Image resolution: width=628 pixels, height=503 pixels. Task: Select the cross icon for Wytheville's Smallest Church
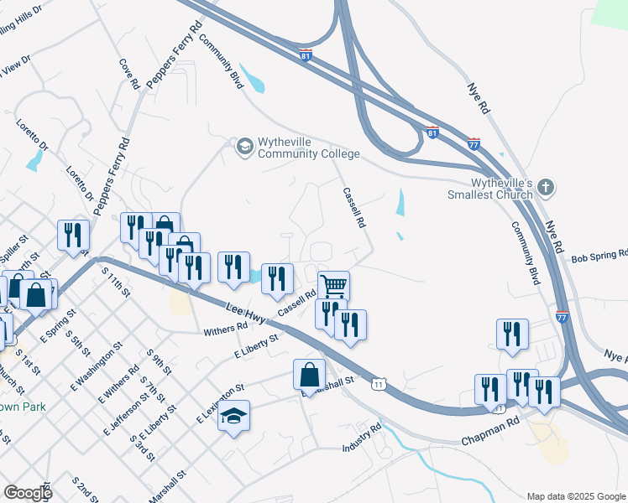click(x=545, y=189)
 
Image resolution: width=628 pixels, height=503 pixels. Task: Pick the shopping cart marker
click(x=334, y=287)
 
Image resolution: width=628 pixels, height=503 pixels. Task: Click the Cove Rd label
click(x=128, y=74)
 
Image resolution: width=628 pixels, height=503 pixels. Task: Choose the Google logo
click(x=28, y=493)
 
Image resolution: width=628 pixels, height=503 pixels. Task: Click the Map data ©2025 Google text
click(x=575, y=496)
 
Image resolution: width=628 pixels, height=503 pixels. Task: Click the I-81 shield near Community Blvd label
click(x=306, y=54)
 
